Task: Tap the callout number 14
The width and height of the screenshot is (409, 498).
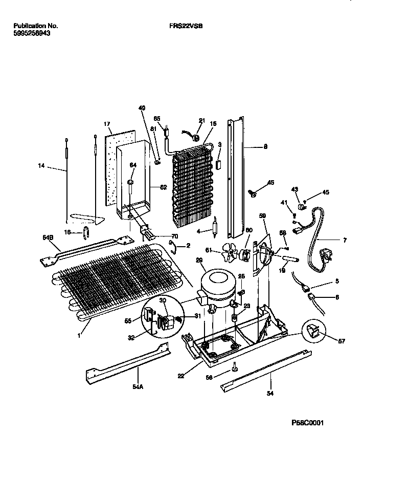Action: [x=41, y=165]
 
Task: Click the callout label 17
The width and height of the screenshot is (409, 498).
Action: [x=107, y=124]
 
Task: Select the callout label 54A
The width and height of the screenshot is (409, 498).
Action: [x=138, y=387]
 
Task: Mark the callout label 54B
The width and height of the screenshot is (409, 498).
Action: [x=48, y=237]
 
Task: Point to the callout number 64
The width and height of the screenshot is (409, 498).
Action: [x=133, y=165]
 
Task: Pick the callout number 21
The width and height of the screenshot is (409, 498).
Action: [x=201, y=121]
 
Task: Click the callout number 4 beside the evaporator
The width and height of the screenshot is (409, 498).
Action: [x=205, y=230]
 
